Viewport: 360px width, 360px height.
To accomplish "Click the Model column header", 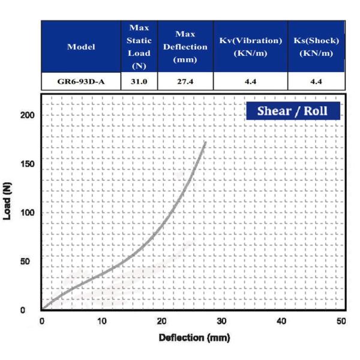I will coord(81,46).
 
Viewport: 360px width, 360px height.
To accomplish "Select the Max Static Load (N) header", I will coord(139,46).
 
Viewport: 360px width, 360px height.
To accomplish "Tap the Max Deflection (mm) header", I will coord(185,46).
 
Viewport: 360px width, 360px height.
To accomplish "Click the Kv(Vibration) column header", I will coord(250,46).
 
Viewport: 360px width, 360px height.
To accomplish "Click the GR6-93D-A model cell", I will coord(81,81).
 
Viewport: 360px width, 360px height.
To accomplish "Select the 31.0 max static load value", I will coord(139,81).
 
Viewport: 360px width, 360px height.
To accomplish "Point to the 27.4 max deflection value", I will coord(185,81).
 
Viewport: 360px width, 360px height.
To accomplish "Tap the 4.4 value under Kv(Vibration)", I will coord(250,81).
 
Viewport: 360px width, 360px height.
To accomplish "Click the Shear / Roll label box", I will coord(293,111).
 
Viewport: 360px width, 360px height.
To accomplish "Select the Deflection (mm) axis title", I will coord(194,338).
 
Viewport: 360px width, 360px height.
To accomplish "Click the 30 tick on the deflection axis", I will coord(221,321).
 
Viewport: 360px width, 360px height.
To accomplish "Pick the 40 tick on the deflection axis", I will coord(281,321).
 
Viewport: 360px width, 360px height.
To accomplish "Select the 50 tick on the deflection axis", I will coord(341,321).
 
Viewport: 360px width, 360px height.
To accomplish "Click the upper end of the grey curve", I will coord(206,142).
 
